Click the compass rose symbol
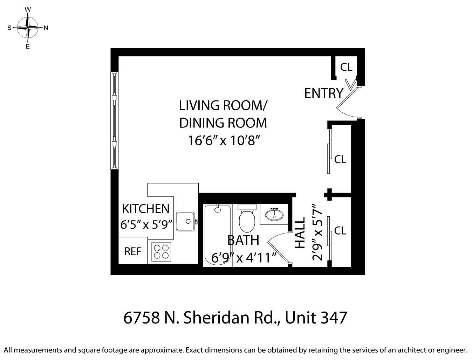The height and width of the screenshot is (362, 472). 28,28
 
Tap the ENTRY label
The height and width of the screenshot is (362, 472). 323,93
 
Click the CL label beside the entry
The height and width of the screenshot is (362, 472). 346,67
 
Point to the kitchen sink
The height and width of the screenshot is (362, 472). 185,221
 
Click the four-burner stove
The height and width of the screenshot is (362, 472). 161,252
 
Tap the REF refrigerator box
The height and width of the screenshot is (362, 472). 133,251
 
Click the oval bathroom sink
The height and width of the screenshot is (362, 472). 274,214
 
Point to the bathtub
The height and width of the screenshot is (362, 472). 217,235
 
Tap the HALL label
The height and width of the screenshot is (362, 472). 300,233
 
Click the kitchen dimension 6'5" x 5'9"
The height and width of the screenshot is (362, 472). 147,224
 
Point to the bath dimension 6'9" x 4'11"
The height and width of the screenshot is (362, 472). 244,258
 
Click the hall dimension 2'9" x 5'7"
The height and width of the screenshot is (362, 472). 317,232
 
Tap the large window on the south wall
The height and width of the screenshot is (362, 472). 115,120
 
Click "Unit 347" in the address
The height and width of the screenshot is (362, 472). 316,318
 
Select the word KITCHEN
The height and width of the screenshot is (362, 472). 145,209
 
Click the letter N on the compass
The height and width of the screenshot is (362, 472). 46,28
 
